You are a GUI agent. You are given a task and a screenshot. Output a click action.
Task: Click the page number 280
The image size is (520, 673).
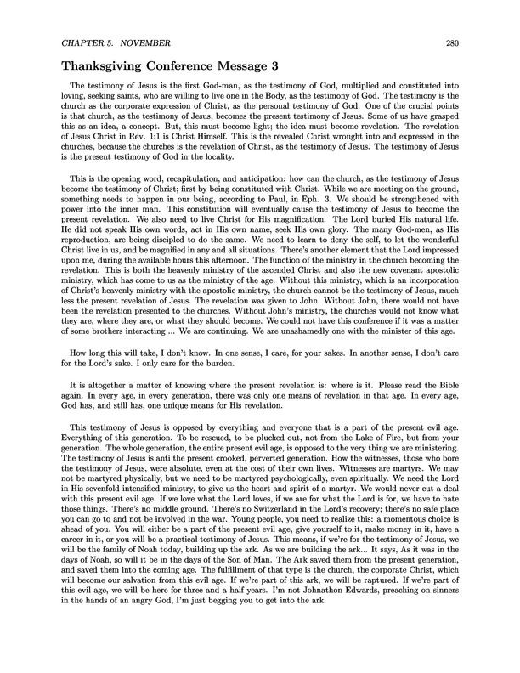482,42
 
